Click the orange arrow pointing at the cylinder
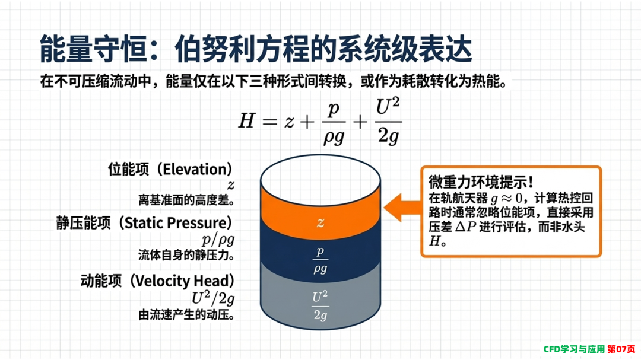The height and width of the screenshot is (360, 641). (402, 207)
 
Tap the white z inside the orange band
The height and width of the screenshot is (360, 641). (320, 222)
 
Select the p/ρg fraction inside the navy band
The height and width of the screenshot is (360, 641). (320, 260)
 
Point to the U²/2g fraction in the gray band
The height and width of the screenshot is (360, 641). (320, 305)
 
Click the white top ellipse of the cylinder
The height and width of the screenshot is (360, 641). (320, 180)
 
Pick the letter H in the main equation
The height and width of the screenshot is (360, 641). (247, 121)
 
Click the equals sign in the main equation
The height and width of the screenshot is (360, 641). (270, 122)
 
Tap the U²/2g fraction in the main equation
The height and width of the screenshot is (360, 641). (388, 121)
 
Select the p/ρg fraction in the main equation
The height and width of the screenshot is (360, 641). (334, 123)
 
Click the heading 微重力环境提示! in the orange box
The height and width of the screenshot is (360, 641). (481, 181)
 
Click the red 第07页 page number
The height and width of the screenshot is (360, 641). (621, 349)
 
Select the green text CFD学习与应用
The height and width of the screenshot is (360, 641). (574, 349)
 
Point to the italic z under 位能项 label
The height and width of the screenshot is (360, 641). (231, 186)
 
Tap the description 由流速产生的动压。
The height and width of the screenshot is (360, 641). (186, 315)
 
